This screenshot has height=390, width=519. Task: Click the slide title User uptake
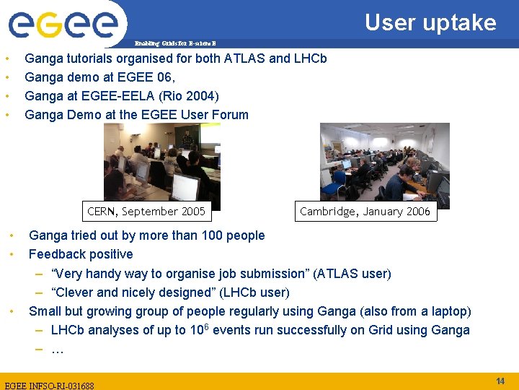[x=430, y=22]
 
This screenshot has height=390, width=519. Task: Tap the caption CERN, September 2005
[x=146, y=212]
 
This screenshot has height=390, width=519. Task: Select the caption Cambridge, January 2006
[x=365, y=212]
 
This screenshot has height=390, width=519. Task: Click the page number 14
[x=500, y=381]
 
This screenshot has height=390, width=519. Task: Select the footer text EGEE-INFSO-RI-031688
[x=49, y=385]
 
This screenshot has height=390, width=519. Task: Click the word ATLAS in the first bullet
[x=247, y=58]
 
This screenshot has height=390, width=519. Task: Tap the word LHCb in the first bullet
[x=311, y=58]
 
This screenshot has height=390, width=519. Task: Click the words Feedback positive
[x=81, y=254]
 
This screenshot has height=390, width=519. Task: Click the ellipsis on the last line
[x=58, y=350]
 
